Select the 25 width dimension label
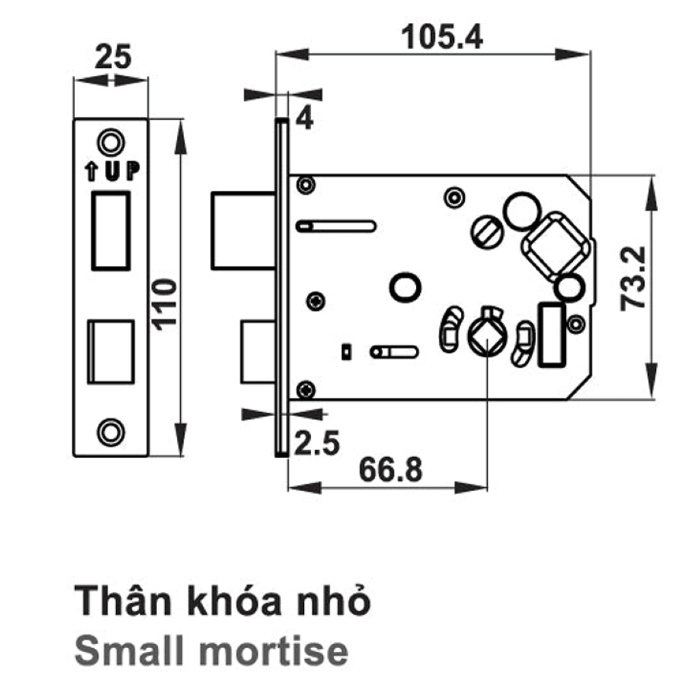(x=113, y=56)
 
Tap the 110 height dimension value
(x=165, y=305)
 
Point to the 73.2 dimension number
(x=633, y=278)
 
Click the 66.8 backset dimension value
(x=391, y=470)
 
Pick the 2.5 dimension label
(x=317, y=443)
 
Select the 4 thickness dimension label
(x=305, y=118)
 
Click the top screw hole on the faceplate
(x=111, y=143)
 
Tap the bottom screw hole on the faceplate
(x=111, y=432)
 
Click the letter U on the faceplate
(x=113, y=171)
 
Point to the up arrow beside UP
(x=91, y=172)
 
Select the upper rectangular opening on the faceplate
(x=111, y=230)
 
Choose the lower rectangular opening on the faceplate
(x=111, y=352)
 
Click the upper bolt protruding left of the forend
(x=244, y=230)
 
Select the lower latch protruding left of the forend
(x=258, y=352)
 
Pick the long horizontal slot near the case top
(x=336, y=226)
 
